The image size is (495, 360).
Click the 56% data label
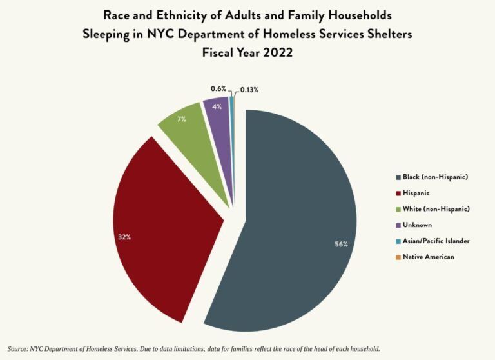point(341,244)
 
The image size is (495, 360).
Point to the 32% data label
point(124,237)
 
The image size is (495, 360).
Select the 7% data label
point(183,119)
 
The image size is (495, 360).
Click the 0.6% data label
point(218,88)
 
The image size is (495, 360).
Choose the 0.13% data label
point(249,90)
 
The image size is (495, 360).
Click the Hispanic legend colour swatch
point(398,193)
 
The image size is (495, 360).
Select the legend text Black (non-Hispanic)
point(435,177)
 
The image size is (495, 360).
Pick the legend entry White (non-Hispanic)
point(436,209)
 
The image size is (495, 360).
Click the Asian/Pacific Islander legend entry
point(436,241)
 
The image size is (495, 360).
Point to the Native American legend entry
point(428,257)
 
